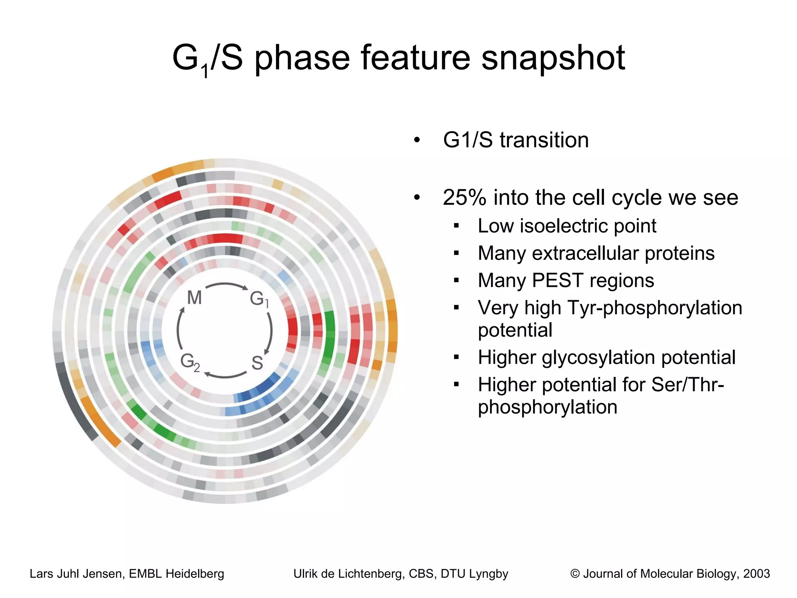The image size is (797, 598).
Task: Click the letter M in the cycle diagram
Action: pos(194,298)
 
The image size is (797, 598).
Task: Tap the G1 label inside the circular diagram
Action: pos(259,299)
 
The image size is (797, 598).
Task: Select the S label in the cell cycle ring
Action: pos(257,363)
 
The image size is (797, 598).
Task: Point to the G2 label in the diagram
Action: pos(190,362)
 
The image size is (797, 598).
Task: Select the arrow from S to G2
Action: pos(226,376)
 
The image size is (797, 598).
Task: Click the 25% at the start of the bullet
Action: pos(464,197)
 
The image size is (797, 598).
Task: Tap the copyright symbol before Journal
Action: pos(575,573)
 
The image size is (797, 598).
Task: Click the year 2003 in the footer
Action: pos(757,573)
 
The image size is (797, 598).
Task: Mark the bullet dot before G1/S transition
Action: pos(417,140)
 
